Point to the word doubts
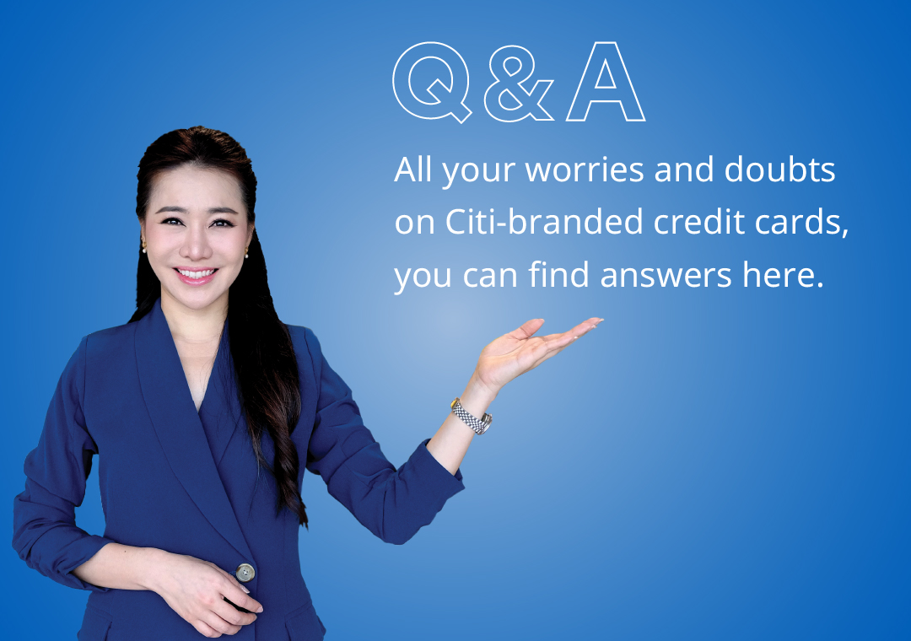coord(779,170)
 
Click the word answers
coord(666,276)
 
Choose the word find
coord(558,274)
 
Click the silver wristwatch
coord(472,416)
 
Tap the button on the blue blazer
coord(245,573)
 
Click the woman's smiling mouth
coord(196,275)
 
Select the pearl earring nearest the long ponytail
coord(246,254)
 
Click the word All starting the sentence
coord(412,170)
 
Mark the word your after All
coord(478,172)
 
